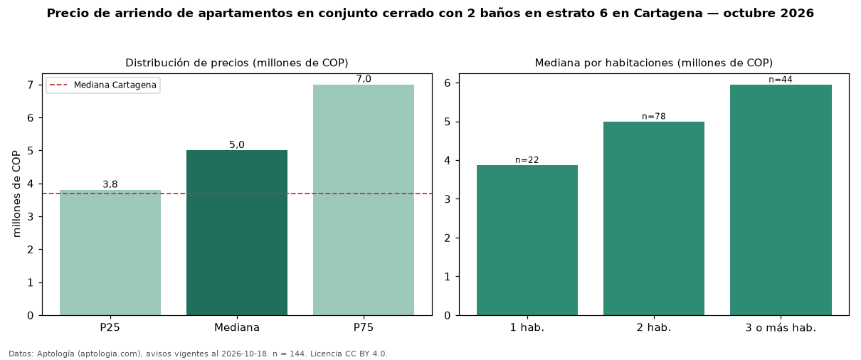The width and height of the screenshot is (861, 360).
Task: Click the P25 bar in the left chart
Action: click(110, 253)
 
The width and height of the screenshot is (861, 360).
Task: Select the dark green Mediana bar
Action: click(237, 233)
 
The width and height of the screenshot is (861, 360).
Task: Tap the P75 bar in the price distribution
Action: click(364, 200)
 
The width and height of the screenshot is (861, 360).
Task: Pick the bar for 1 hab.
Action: click(527, 240)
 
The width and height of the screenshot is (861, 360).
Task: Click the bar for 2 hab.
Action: click(654, 218)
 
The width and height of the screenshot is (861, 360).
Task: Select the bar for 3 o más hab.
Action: click(781, 200)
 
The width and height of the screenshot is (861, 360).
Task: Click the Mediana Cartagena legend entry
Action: click(103, 85)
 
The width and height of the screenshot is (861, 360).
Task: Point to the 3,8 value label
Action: click(110, 184)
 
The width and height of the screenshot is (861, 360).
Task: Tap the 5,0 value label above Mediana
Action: click(237, 144)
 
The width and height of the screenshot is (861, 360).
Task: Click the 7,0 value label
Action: click(364, 79)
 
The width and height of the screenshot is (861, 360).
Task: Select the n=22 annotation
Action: click(527, 160)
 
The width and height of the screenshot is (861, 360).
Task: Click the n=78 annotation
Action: click(654, 116)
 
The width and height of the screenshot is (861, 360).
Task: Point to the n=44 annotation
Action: click(781, 79)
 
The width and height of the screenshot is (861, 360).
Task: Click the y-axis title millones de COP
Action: click(16, 194)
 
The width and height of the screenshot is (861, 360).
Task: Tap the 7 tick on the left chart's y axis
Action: click(31, 85)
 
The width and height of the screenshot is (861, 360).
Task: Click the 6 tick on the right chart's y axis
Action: click(448, 83)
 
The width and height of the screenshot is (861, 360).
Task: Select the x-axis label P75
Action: click(364, 327)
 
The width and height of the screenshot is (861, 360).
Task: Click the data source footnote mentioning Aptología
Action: click(198, 354)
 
